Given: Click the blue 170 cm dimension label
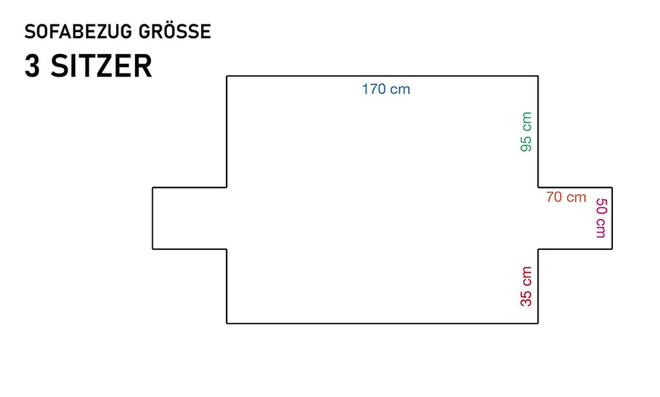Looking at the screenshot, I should point(385,89).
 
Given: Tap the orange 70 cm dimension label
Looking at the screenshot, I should point(566,197).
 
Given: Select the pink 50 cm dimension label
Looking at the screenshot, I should point(600,218).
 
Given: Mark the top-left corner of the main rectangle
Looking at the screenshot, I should point(227,76).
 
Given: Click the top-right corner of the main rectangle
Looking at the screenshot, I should point(538,76).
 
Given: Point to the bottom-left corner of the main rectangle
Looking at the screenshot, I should point(227,324).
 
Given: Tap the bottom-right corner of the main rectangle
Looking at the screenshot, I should point(538,324).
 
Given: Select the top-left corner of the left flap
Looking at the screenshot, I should point(152,186).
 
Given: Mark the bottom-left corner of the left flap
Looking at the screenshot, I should point(152,249).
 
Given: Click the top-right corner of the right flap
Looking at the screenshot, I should point(611,186).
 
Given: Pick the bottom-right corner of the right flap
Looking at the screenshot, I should point(611,249).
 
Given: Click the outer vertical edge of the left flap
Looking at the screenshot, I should point(152,217).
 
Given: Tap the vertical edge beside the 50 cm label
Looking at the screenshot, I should point(611,217).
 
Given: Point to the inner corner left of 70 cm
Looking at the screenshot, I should point(538,186).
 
